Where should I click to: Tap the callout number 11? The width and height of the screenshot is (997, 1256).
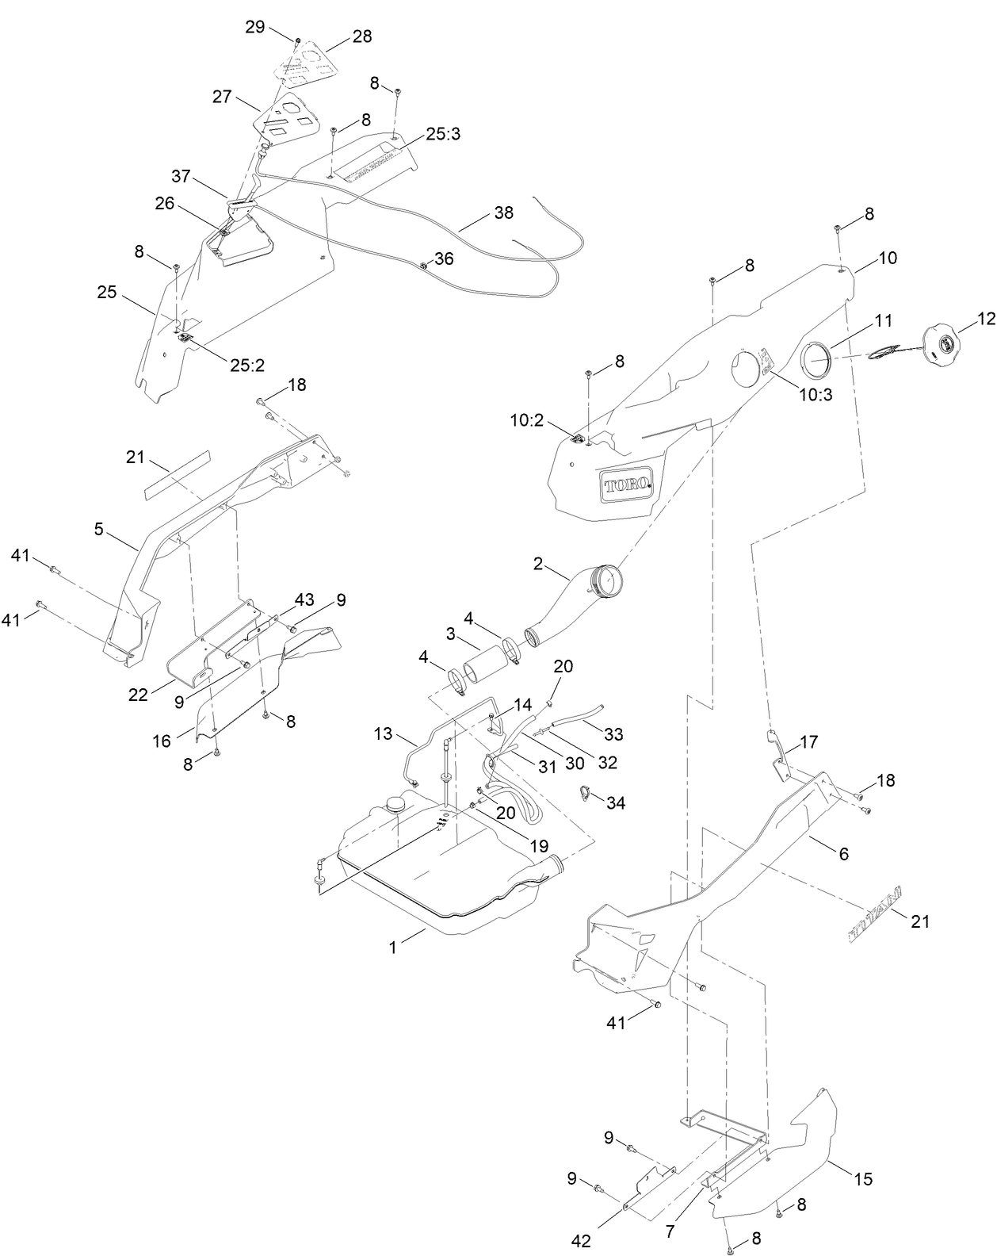[861, 320]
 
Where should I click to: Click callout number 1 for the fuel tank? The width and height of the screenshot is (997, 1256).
[392, 947]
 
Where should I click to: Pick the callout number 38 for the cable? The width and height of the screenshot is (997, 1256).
[503, 213]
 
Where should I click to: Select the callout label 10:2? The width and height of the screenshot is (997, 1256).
[526, 420]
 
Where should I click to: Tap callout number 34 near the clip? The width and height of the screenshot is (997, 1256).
[616, 803]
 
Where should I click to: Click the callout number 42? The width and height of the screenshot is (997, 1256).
[581, 1241]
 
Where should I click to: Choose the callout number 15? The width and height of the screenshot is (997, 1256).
[863, 1178]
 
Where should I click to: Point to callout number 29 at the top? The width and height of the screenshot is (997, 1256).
[254, 27]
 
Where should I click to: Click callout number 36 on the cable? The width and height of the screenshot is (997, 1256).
[444, 258]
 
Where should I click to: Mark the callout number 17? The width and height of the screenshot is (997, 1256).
[809, 742]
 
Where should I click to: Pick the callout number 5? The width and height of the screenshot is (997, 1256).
[98, 528]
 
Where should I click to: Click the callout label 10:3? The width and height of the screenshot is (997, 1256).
[816, 394]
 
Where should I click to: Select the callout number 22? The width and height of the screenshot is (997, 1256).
[139, 694]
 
